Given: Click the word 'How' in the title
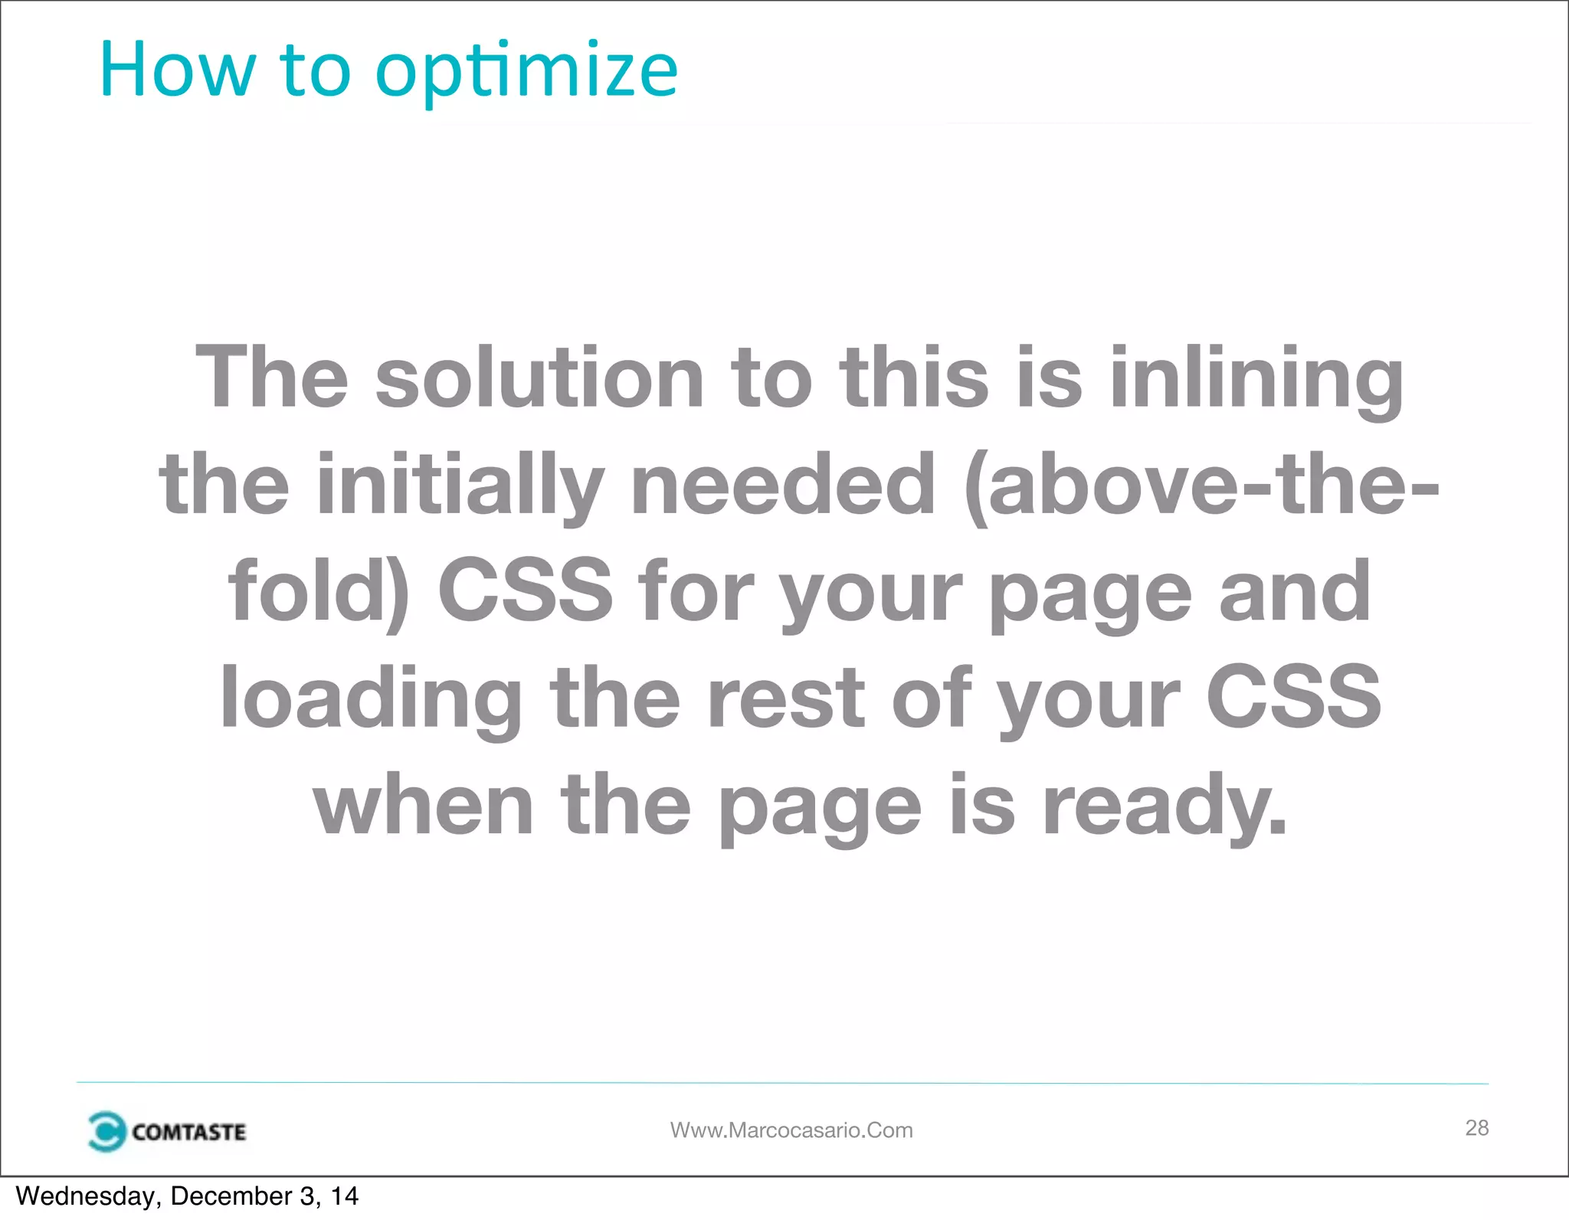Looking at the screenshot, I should [176, 70].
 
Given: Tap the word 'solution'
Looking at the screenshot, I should [539, 377].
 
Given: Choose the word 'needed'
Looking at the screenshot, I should [783, 484].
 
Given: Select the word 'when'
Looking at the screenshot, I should [424, 804].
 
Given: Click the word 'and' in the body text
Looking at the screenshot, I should [1295, 591].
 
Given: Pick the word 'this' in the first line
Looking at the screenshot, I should [915, 377].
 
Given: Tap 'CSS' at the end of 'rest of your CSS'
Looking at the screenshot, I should [1294, 697].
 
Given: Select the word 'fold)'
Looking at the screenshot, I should [319, 591].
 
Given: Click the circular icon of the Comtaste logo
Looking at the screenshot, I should [106, 1131].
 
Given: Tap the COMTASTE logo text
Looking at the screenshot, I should [188, 1132].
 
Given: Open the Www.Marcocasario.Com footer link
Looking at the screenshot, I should [791, 1130].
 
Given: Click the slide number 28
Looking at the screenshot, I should [1476, 1127].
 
